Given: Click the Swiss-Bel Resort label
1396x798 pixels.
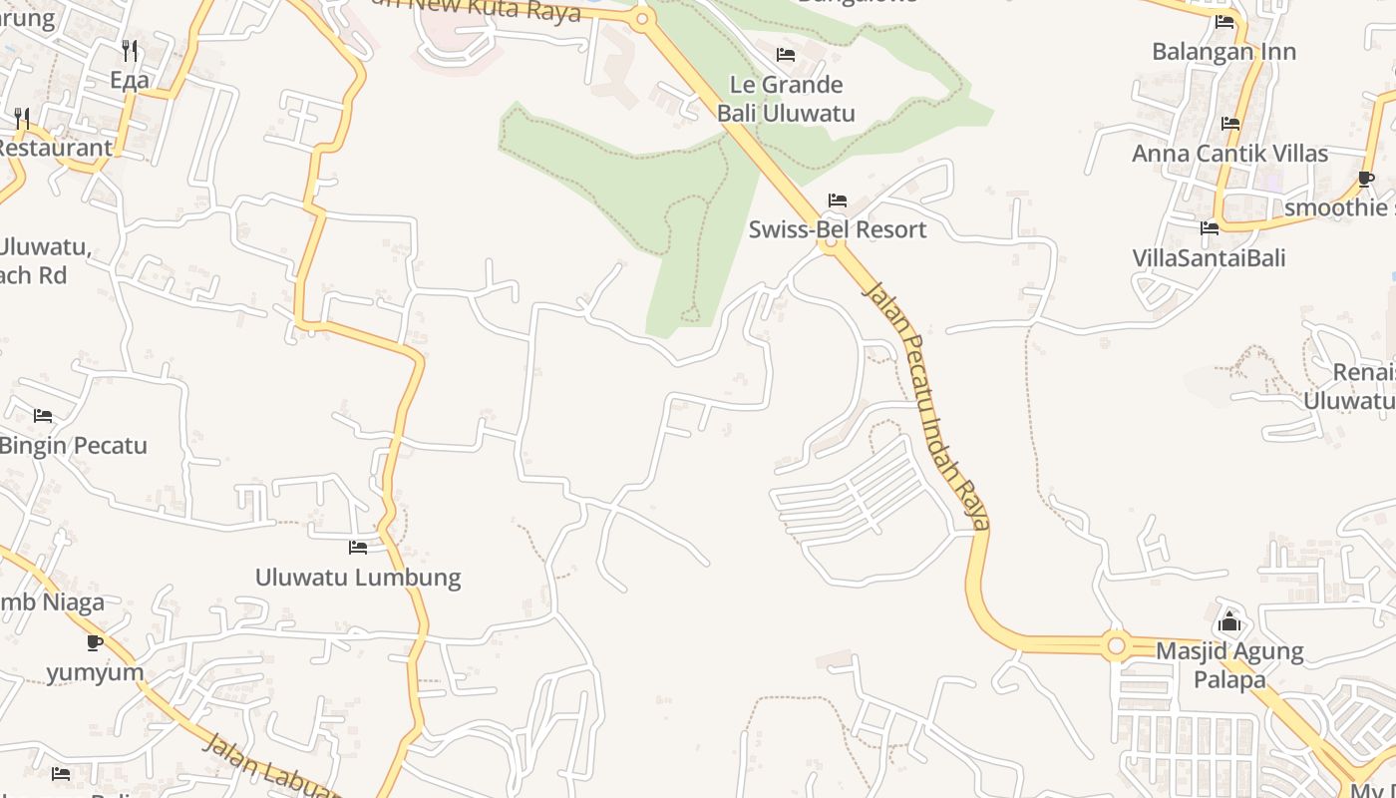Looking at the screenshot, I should [838, 229].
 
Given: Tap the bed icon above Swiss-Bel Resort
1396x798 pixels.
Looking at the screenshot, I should [838, 200].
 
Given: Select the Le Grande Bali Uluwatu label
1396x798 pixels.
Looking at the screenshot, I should [786, 99].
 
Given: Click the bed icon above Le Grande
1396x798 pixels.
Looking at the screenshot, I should [786, 55].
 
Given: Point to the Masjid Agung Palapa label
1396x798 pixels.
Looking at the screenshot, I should [1229, 665].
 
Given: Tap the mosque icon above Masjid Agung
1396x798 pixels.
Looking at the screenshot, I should [1229, 621].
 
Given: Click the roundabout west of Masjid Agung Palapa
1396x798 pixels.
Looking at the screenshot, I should [1116, 646].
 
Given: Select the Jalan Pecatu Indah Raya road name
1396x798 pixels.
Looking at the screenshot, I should [928, 404].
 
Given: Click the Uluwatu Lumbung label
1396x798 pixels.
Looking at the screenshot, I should [358, 577].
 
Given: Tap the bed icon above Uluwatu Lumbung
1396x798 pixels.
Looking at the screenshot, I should [358, 548].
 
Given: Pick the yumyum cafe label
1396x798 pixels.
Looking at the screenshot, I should [96, 672].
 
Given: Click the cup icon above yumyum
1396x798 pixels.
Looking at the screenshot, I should [95, 642].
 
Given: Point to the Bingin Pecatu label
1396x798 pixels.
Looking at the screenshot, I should [74, 445].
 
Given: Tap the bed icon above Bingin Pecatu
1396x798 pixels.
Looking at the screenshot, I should [43, 415].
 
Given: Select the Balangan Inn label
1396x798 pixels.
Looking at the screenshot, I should [1223, 51].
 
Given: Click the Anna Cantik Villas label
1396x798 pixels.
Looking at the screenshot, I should [1229, 154].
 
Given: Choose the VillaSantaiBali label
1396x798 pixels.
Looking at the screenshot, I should [1209, 257].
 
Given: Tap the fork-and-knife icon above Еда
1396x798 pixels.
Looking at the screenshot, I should [130, 51].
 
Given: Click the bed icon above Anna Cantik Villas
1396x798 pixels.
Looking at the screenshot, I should [1230, 124].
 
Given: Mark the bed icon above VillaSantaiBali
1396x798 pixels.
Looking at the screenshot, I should [1210, 228].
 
